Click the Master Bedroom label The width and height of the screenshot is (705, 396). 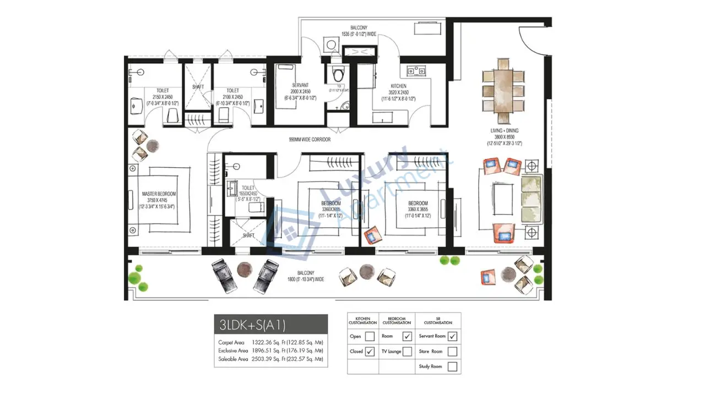[x=159, y=194]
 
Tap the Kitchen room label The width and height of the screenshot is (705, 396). [x=399, y=86]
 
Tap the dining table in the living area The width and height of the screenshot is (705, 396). [x=502, y=91]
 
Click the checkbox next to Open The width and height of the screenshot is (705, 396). [x=370, y=336]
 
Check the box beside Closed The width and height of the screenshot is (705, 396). [x=370, y=351]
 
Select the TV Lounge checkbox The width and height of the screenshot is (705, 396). [x=408, y=351]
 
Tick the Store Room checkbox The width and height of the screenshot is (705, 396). [x=452, y=351]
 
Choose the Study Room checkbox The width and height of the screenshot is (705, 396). [x=452, y=366]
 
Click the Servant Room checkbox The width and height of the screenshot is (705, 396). [x=452, y=336]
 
